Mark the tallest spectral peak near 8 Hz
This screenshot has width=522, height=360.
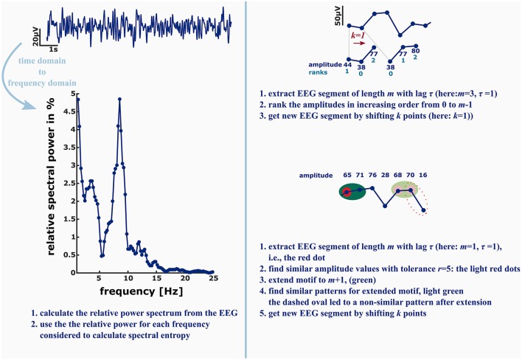pyautogui.click(x=119, y=99)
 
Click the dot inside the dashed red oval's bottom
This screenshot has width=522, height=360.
pyautogui.click(x=423, y=212)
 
